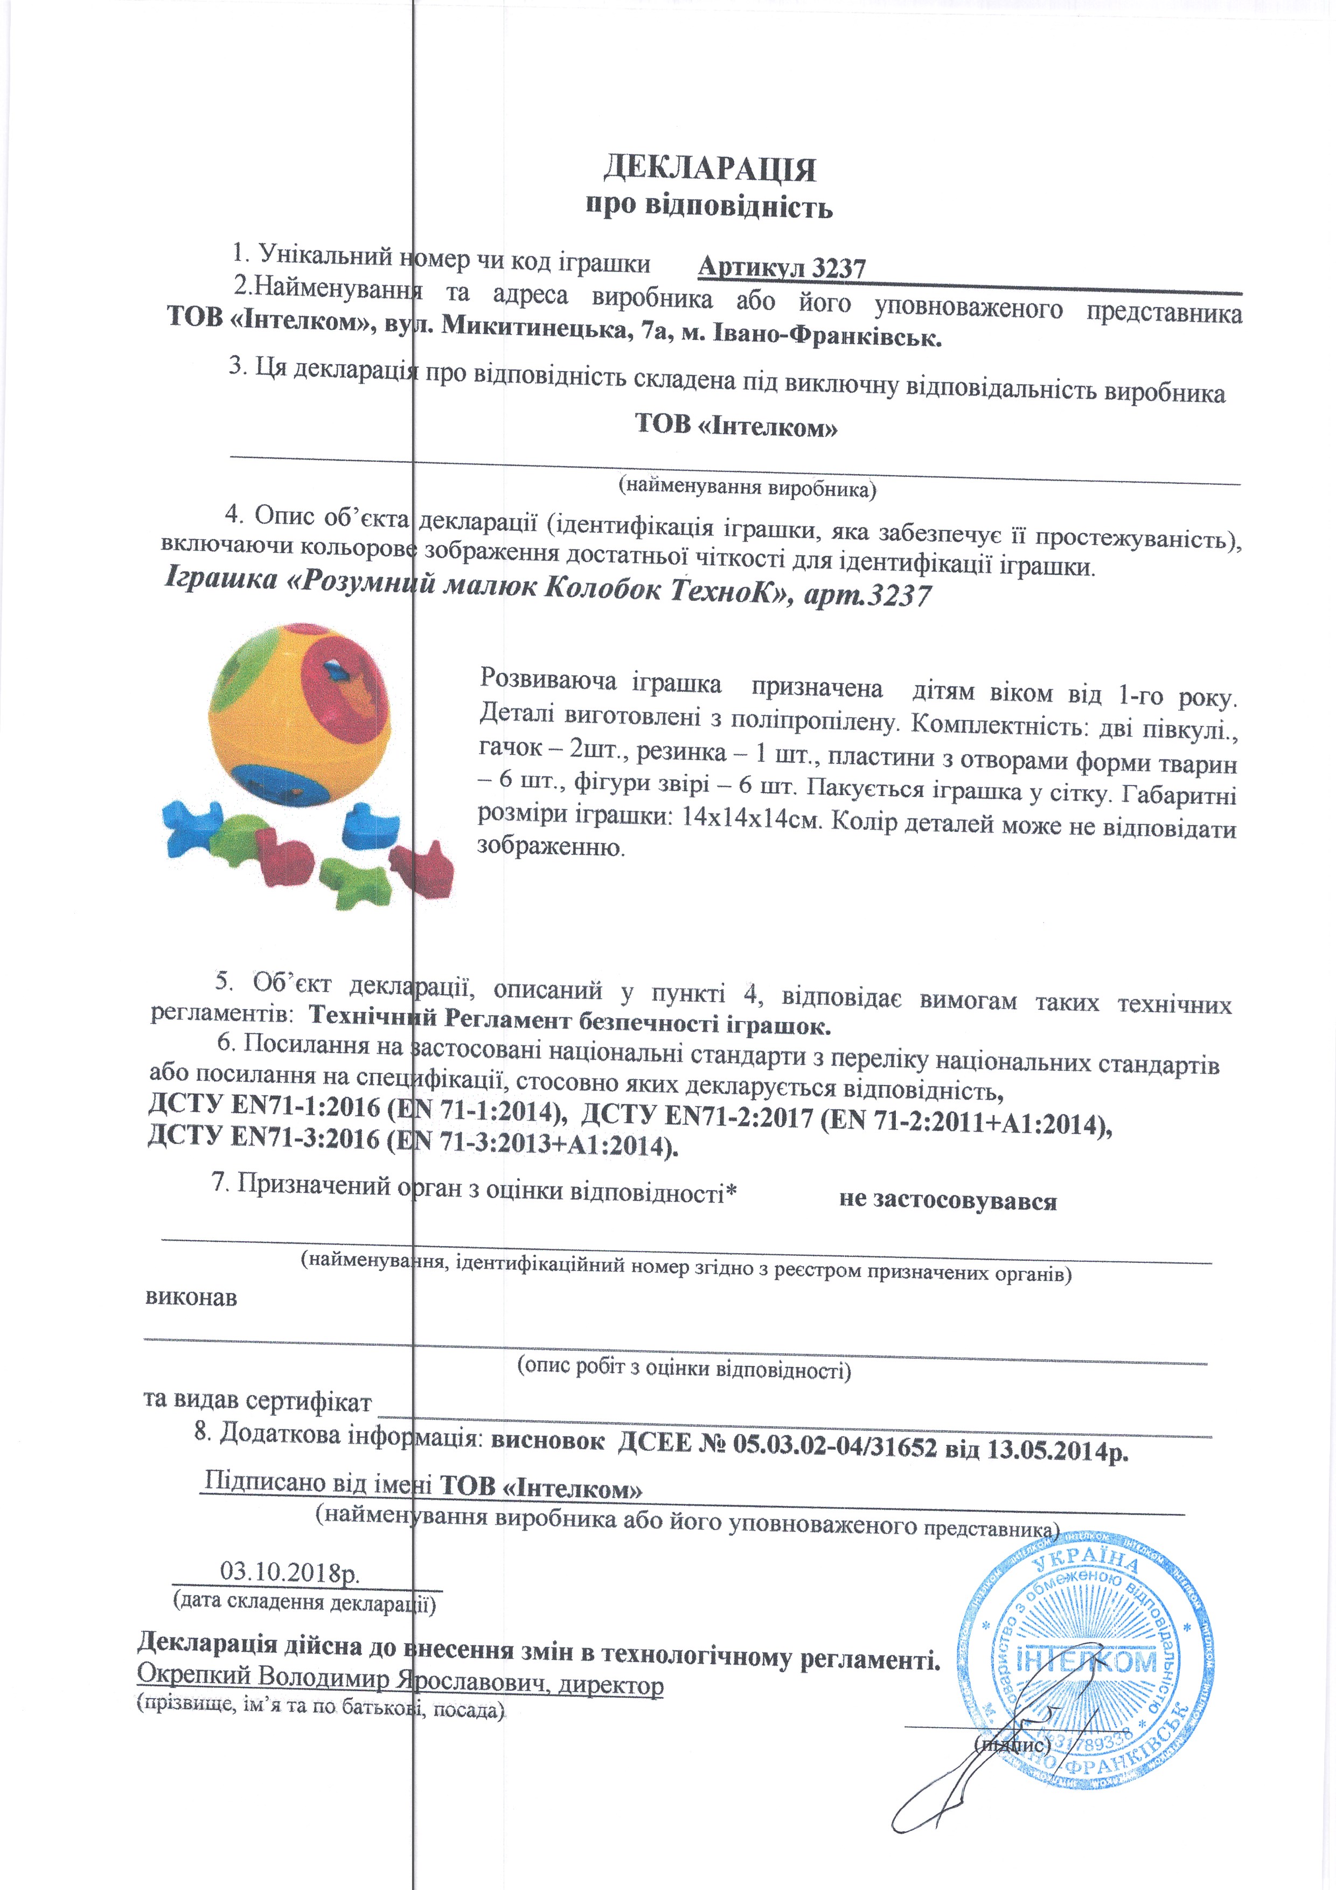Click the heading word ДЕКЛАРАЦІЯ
[x=709, y=169]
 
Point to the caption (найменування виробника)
[x=747, y=488]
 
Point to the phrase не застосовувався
[x=948, y=1200]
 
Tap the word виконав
[x=191, y=1298]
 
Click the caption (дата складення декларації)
[x=304, y=1602]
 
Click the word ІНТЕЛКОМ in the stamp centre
[x=1087, y=1661]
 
